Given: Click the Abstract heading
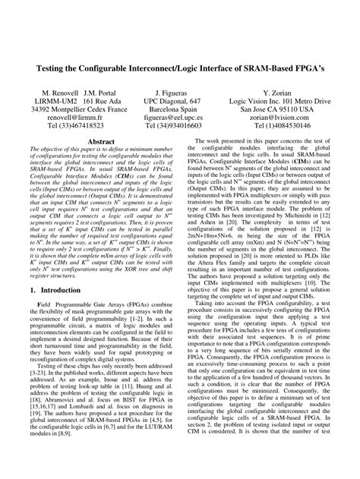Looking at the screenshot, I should pyautogui.click(x=101, y=142).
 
